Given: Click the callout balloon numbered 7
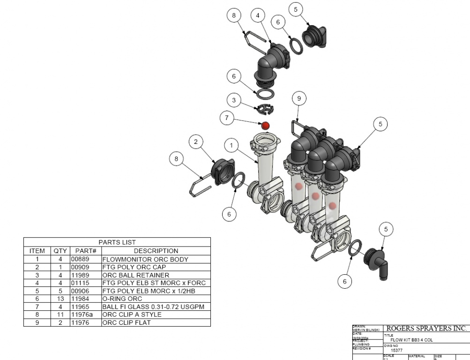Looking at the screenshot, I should (227, 118).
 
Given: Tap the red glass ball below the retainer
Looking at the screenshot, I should (265, 126).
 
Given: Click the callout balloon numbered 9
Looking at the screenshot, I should (299, 98).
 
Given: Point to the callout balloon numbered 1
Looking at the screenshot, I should (231, 145).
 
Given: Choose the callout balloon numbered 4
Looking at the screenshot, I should (257, 15).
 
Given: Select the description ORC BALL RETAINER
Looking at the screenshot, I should (135, 275).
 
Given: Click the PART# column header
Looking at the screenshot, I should (85, 251).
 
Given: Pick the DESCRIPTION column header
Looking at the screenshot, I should (156, 251).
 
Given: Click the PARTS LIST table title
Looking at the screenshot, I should (117, 242).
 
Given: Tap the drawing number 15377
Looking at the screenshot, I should (397, 350).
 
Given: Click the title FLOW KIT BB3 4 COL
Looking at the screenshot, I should (412, 340).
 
